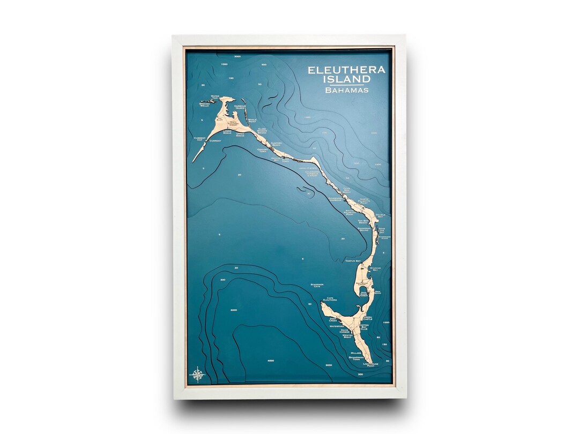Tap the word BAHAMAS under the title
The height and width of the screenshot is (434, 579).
346,90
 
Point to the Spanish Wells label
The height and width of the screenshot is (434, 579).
204,104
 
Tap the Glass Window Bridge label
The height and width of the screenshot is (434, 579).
262,130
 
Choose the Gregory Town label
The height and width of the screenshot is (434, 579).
262,151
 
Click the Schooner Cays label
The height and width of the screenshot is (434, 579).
317,286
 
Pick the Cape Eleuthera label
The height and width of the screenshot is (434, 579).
329,300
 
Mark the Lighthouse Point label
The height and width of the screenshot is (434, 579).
370,365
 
